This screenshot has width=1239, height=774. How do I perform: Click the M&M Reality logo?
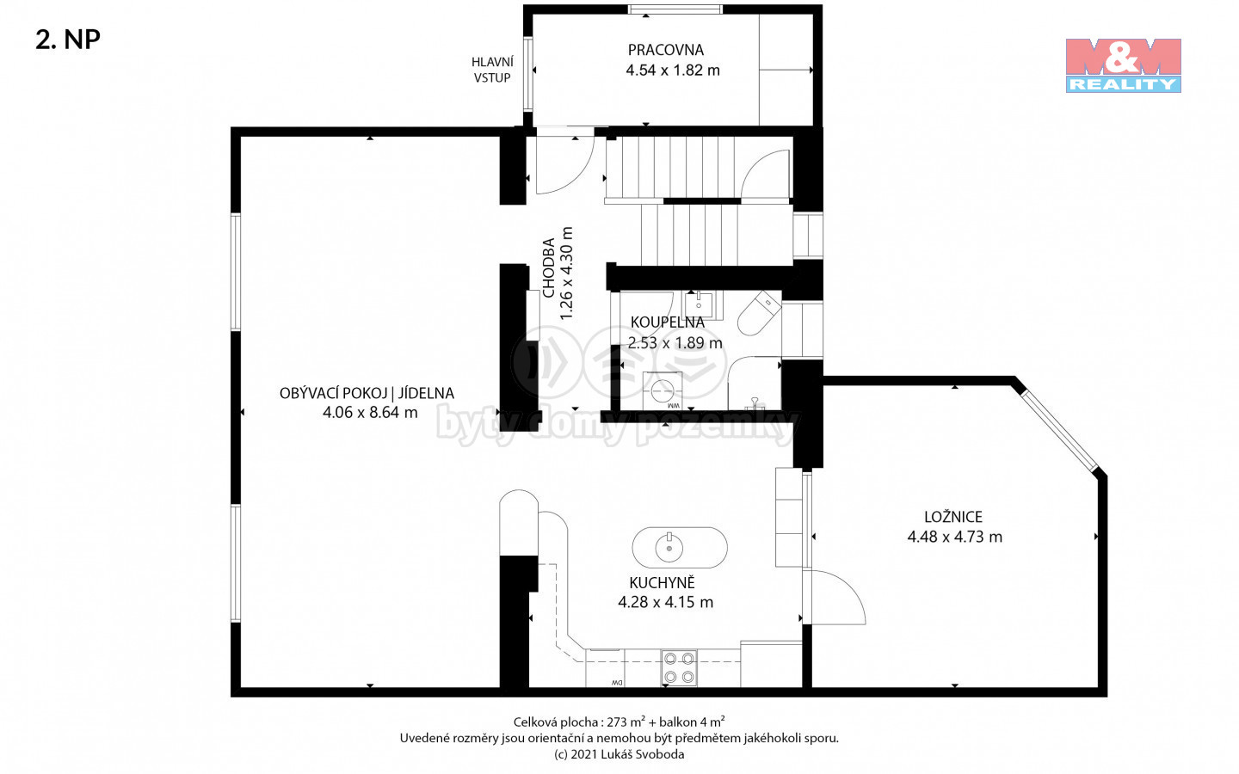(x=1124, y=65)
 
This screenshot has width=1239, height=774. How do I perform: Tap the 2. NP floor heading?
(x=68, y=40)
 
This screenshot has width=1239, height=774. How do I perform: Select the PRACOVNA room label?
(x=666, y=50)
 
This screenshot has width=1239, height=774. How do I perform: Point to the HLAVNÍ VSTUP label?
(x=492, y=71)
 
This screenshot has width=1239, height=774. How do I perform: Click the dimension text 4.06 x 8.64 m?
(x=370, y=413)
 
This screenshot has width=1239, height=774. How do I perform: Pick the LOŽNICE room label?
(x=953, y=517)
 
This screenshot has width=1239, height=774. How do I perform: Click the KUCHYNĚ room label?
(x=663, y=582)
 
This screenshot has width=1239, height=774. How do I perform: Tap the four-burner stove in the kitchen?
(x=679, y=668)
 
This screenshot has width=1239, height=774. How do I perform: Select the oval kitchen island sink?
(x=680, y=547)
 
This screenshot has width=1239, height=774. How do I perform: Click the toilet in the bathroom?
(x=760, y=313)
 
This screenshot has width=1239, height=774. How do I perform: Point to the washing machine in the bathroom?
(x=663, y=390)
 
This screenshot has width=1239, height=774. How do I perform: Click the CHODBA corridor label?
(x=549, y=268)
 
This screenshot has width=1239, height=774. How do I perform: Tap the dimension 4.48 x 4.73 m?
(x=955, y=537)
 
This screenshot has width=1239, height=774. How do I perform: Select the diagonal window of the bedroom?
(x=1059, y=431)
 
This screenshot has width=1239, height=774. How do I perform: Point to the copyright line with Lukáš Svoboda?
(x=619, y=754)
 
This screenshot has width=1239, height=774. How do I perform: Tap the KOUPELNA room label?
(x=667, y=322)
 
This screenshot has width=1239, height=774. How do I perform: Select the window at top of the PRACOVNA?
(x=675, y=9)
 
